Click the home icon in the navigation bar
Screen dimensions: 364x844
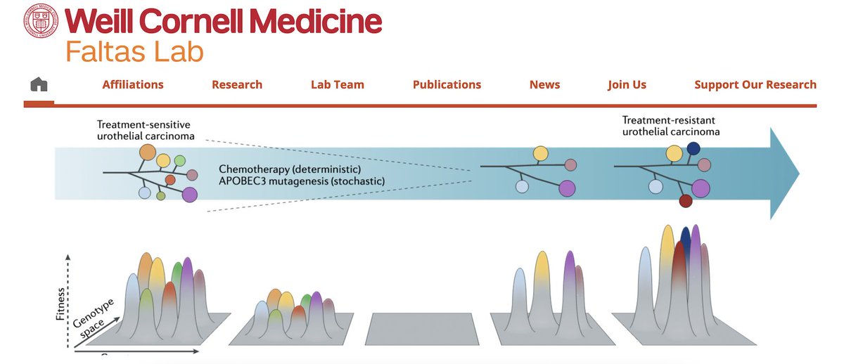pyautogui.click(x=39, y=84)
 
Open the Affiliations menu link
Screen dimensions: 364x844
pyautogui.click(x=133, y=84)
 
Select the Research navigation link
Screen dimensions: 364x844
pyautogui.click(x=237, y=84)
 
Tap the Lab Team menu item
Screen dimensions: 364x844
pyautogui.click(x=338, y=84)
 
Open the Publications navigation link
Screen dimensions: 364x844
pyautogui.click(x=447, y=84)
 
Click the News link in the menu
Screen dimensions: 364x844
pyautogui.click(x=545, y=84)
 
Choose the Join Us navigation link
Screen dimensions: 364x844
pyautogui.click(x=627, y=84)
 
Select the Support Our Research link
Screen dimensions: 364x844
pyautogui.click(x=755, y=84)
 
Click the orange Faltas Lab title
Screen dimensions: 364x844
pyautogui.click(x=134, y=51)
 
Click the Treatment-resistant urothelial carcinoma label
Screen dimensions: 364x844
pyautogui.click(x=672, y=126)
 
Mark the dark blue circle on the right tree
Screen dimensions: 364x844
pyautogui.click(x=693, y=148)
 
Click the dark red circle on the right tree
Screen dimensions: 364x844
pyautogui.click(x=686, y=202)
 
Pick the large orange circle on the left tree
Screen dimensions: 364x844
pyautogui.click(x=147, y=151)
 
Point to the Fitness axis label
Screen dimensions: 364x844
pyautogui.click(x=63, y=304)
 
